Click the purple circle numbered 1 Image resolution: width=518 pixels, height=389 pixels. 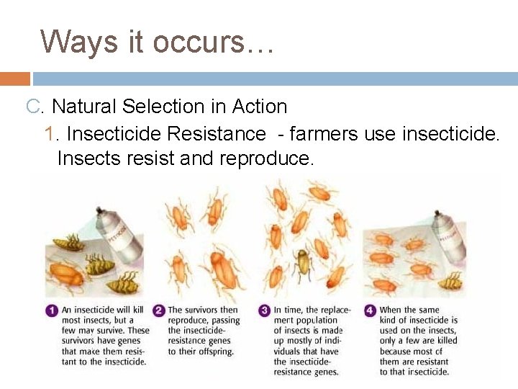pos(53,311)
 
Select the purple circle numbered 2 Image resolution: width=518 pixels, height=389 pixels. pos(159,311)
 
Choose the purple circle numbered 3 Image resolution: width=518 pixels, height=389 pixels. pos(265,311)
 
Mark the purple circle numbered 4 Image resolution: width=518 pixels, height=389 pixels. pos(370,311)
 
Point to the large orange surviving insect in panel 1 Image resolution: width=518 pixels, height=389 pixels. pos(65,273)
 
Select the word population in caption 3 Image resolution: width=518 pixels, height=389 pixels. pos(315,320)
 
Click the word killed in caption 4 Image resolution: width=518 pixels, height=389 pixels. pos(441,341)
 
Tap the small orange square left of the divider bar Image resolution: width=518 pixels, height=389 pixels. pos(14,79)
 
